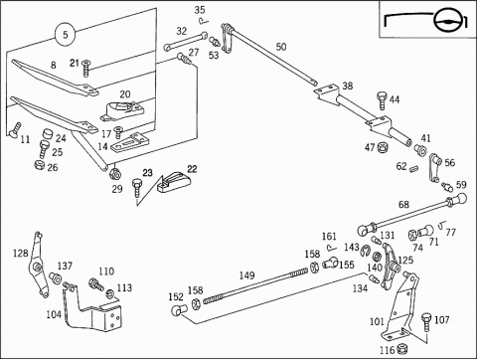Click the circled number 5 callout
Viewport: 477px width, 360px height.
[x=66, y=35]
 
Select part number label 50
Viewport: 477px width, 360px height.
[x=281, y=47]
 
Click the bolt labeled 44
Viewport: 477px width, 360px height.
[x=382, y=100]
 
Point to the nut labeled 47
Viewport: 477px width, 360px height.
[x=383, y=147]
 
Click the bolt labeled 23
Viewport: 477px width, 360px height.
[x=137, y=188]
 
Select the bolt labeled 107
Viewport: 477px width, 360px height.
[x=426, y=322]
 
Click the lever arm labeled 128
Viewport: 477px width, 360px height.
[x=39, y=265]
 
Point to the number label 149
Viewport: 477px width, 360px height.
[x=246, y=275]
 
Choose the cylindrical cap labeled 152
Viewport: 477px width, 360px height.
[x=179, y=310]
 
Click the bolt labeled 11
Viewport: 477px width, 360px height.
[x=15, y=129]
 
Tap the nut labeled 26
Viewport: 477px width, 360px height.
[x=40, y=165]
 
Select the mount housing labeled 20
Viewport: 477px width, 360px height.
[x=122, y=111]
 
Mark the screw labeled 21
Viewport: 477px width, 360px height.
[x=86, y=68]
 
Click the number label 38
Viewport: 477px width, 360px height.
[x=347, y=87]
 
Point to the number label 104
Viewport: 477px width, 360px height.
[x=54, y=314]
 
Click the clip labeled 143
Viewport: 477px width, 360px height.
[x=365, y=251]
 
